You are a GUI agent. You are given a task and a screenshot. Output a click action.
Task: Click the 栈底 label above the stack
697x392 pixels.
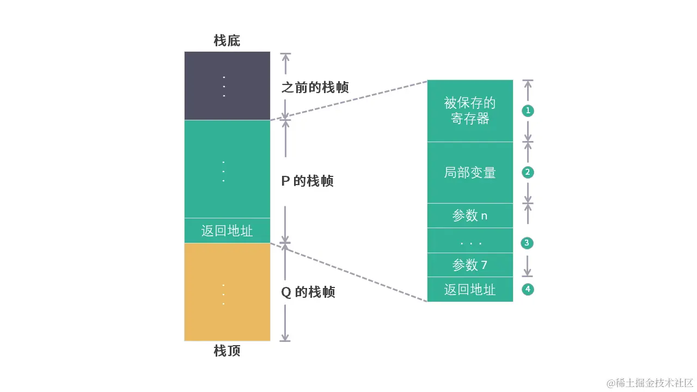[x=227, y=41]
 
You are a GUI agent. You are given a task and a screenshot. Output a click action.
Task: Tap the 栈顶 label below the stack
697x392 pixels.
[x=227, y=351]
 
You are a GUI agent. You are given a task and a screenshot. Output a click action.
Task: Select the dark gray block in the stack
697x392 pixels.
[x=227, y=85]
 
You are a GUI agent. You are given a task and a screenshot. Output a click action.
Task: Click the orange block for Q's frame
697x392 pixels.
[x=227, y=292]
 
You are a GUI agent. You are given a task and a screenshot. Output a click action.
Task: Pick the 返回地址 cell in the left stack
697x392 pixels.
[x=227, y=230]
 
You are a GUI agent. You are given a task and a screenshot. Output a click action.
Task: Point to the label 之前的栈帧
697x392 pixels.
[x=315, y=87]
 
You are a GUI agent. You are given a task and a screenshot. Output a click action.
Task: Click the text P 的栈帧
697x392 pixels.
[x=307, y=181]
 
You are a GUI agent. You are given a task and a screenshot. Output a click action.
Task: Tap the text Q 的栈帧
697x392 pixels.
[x=308, y=292]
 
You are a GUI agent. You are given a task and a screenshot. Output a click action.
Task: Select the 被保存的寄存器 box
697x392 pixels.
[x=470, y=111]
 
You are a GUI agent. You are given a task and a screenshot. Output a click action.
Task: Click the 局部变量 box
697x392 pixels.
[x=470, y=173]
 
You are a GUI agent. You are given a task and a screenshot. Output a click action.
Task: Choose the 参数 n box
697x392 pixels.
[x=470, y=216]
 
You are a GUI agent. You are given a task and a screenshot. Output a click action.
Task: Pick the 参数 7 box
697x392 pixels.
[x=470, y=265]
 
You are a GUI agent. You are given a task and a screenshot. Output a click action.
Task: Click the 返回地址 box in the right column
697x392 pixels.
[x=470, y=289]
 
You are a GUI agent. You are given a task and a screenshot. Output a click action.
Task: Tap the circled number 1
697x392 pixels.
[x=527, y=111]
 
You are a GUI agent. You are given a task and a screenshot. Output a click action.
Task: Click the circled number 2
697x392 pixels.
[x=527, y=173]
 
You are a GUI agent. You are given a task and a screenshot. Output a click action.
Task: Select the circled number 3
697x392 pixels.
[x=527, y=243]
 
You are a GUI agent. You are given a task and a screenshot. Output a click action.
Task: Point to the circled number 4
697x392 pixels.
[x=527, y=289]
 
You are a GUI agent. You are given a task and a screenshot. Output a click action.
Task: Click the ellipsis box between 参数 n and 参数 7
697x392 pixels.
[x=470, y=241]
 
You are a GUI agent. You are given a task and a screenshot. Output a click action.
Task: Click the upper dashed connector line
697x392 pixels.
[x=348, y=100]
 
